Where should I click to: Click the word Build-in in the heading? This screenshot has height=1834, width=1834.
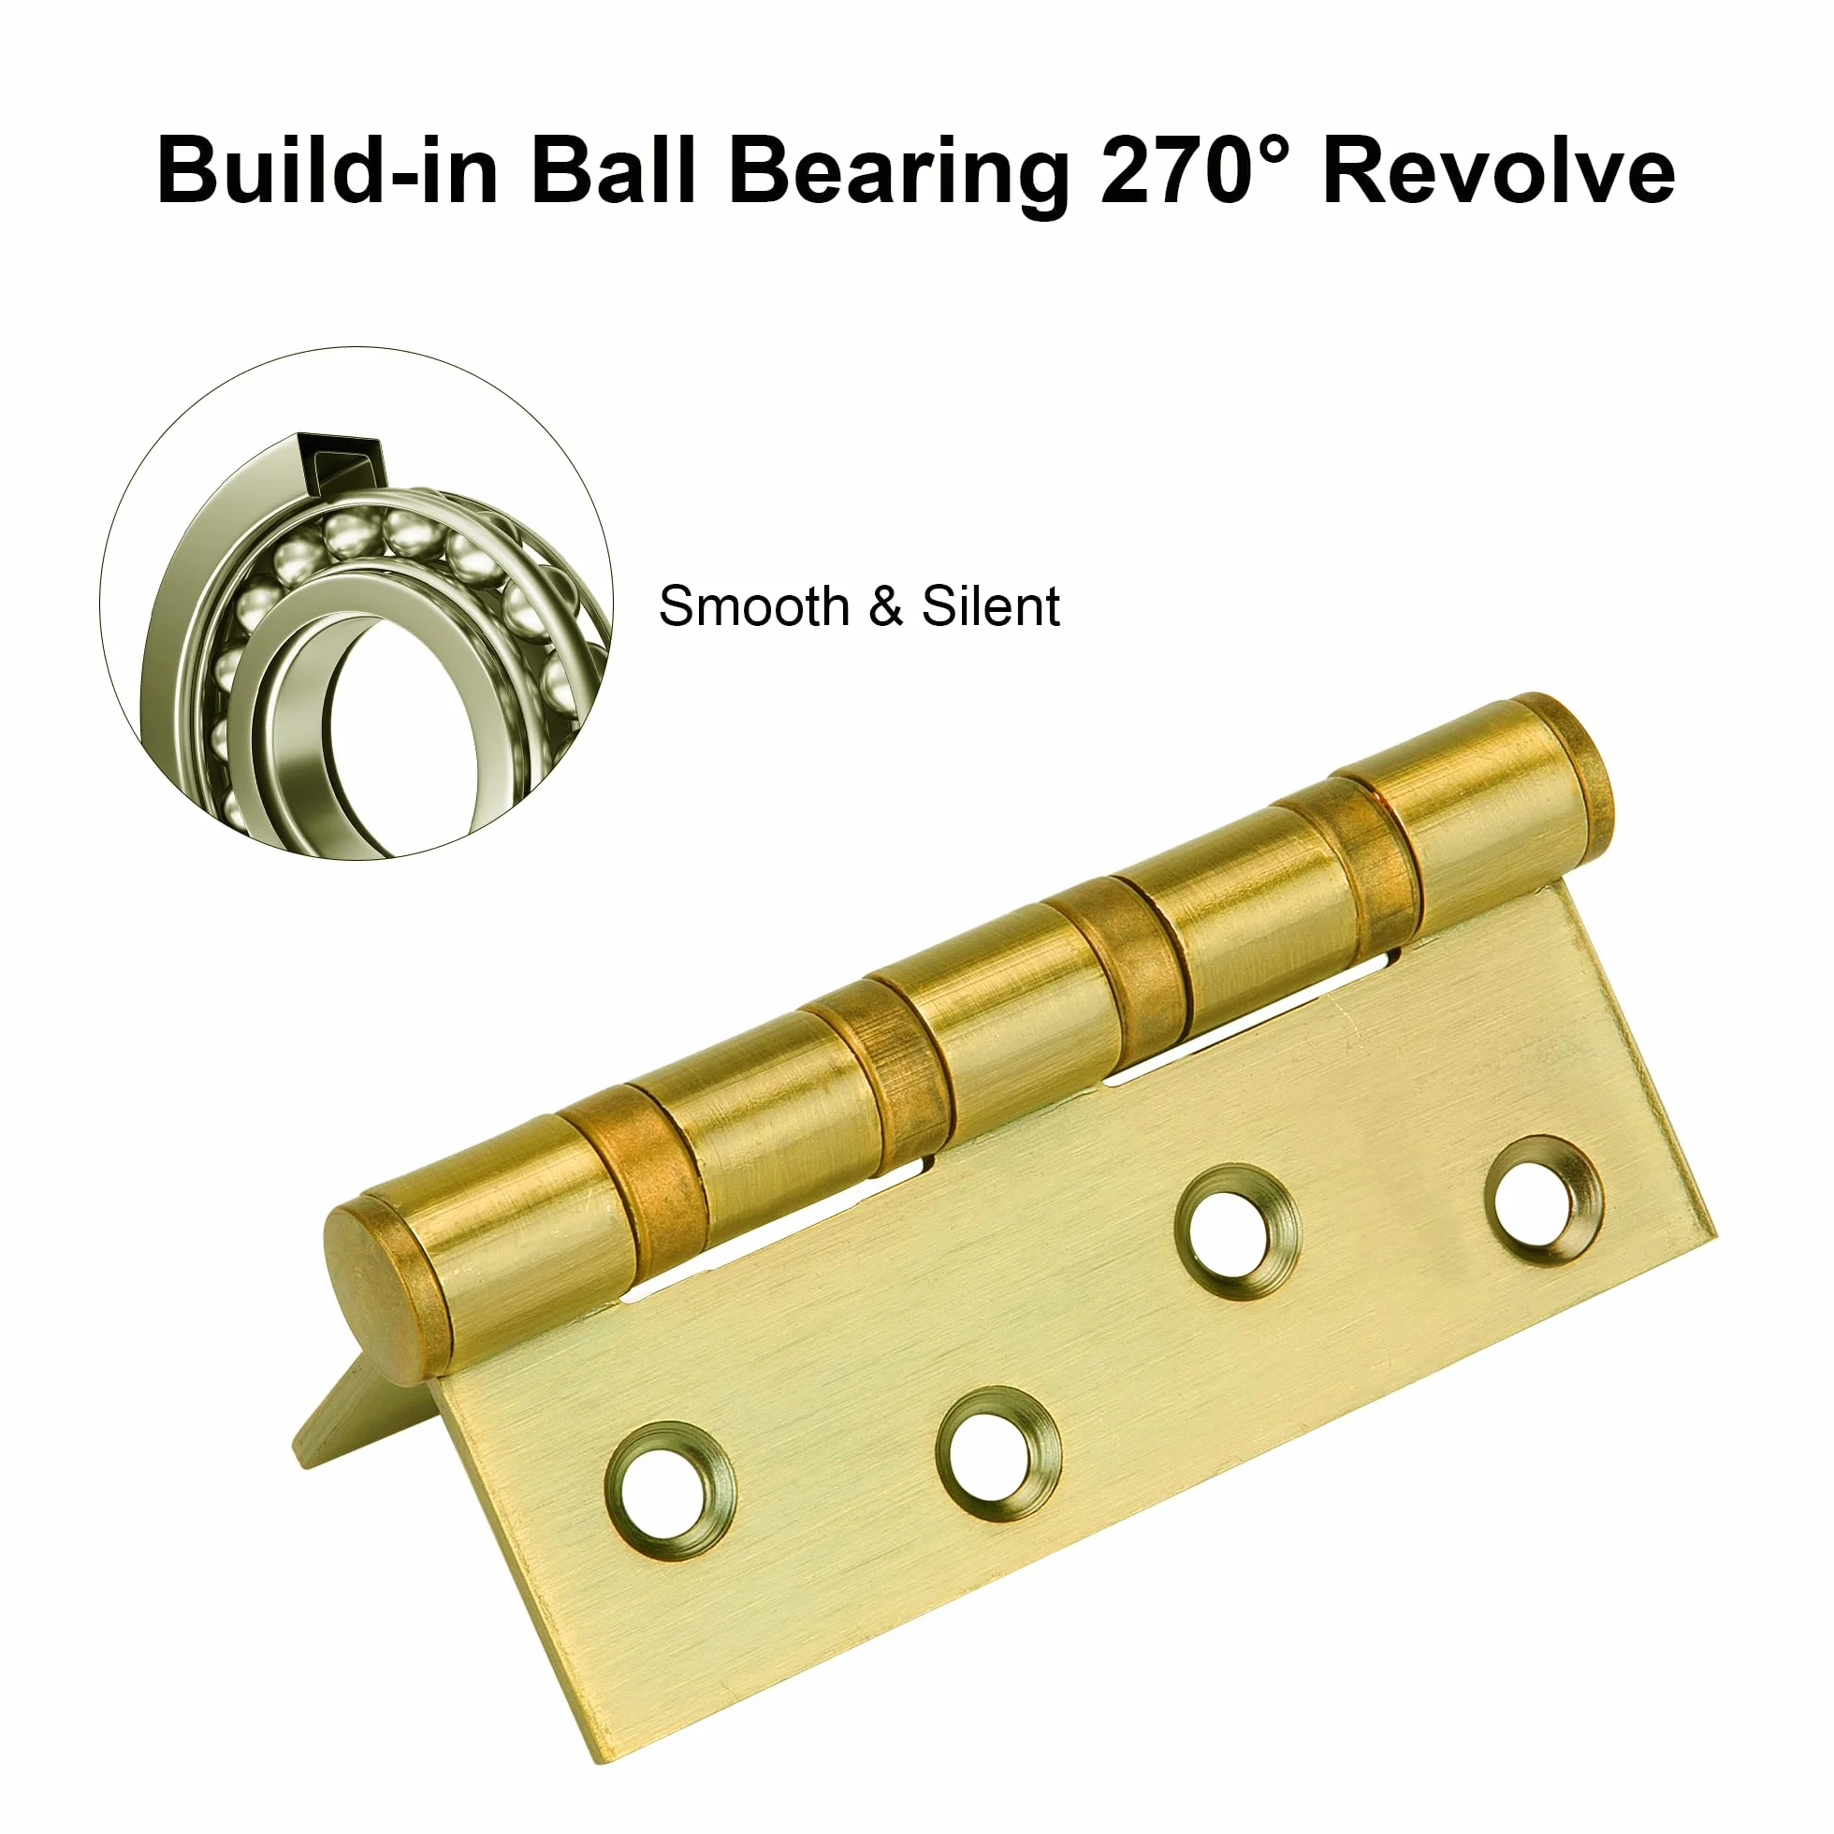[x=327, y=171]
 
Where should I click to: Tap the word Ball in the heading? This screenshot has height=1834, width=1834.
[x=615, y=171]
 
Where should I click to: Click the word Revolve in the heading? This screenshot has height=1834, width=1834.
[x=1498, y=171]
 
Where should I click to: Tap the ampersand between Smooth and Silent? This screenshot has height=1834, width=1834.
[x=885, y=606]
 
